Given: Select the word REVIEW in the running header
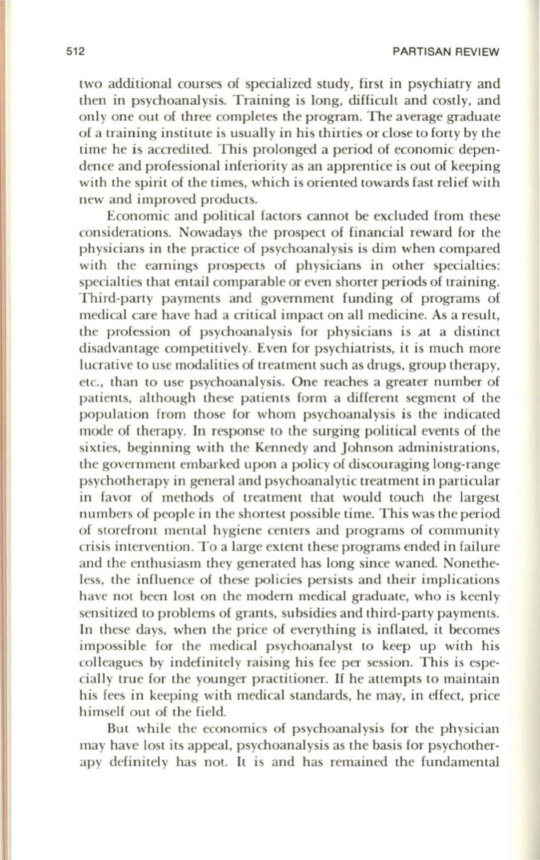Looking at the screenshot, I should pyautogui.click(x=478, y=52).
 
